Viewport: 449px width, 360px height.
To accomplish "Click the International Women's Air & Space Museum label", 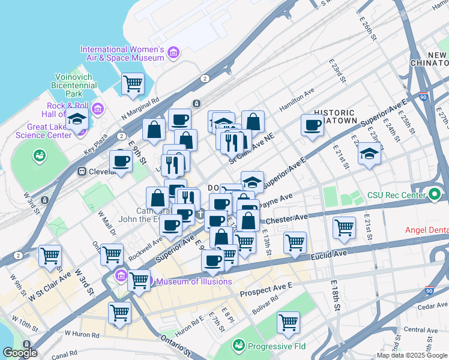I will tap(122, 53).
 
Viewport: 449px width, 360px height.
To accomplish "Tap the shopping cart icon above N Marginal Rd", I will tap(133, 84).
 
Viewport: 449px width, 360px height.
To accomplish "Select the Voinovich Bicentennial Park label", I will tap(76, 85).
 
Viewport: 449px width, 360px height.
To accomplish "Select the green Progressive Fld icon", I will tap(239, 346).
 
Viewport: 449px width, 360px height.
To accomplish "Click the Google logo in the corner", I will tap(20, 353).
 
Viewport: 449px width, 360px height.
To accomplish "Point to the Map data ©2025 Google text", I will tap(412, 355).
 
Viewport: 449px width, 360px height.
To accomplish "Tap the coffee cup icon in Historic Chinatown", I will tap(312, 125).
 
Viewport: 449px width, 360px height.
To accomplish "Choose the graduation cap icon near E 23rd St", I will tap(369, 154).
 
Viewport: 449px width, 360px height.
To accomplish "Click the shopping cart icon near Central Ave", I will tap(288, 322).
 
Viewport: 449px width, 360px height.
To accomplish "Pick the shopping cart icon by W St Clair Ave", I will tap(50, 256).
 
